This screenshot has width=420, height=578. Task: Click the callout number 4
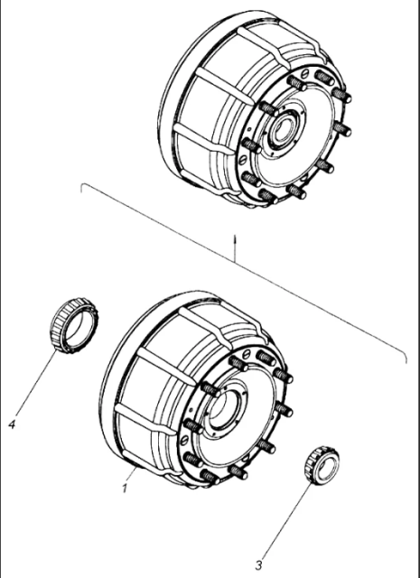[12, 424]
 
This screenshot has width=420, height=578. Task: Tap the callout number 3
[259, 564]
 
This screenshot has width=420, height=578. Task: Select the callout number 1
[125, 488]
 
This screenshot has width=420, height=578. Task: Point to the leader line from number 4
[36, 385]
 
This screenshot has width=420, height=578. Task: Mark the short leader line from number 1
[132, 474]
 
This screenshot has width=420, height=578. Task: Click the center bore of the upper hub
[282, 132]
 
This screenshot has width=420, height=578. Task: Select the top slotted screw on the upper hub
[303, 74]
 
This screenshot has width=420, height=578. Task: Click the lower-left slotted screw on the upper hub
[243, 161]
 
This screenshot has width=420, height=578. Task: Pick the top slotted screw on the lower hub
[246, 355]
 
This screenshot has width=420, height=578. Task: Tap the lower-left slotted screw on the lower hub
[184, 440]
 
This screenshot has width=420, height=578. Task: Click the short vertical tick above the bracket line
[235, 248]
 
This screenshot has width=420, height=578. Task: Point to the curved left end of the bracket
[83, 187]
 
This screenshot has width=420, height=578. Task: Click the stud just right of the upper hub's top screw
[324, 78]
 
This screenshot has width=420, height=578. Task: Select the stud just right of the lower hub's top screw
[266, 358]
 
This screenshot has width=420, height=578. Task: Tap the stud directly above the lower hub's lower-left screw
[193, 426]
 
